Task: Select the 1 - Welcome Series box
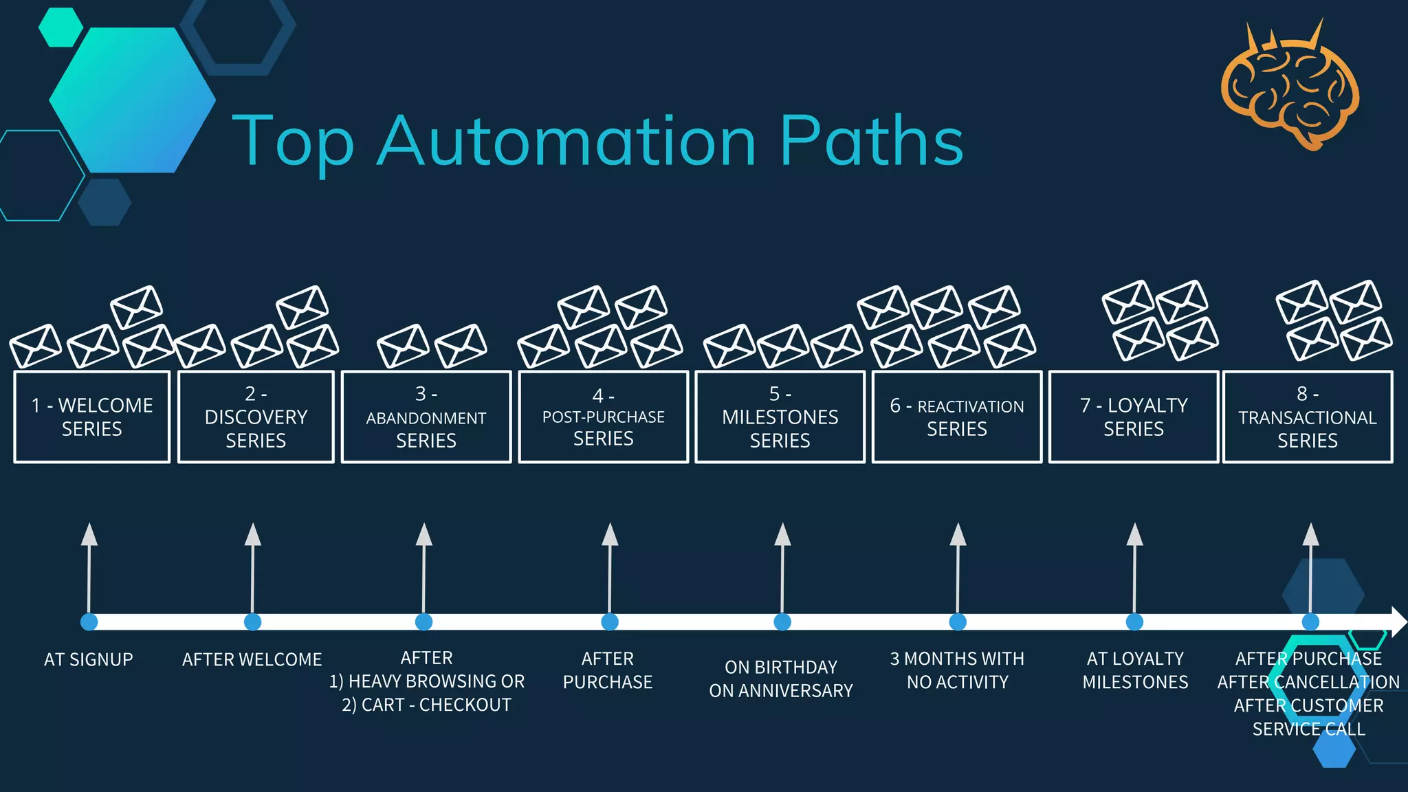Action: (x=91, y=417)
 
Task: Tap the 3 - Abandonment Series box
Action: (x=426, y=417)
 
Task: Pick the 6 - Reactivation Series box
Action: (x=957, y=417)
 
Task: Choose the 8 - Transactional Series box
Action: (x=1308, y=417)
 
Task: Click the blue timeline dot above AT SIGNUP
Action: (x=89, y=621)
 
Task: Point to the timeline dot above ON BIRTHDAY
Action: (x=782, y=621)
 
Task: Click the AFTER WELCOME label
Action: (x=252, y=659)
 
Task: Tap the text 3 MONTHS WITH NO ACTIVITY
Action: (x=957, y=670)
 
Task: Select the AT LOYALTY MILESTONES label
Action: (x=1135, y=670)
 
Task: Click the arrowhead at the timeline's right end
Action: (x=1398, y=621)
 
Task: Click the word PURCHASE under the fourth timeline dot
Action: (x=608, y=682)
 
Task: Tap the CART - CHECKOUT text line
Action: (x=426, y=705)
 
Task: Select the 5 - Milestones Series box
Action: (x=780, y=417)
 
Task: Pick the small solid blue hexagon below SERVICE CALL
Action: (x=1334, y=751)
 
